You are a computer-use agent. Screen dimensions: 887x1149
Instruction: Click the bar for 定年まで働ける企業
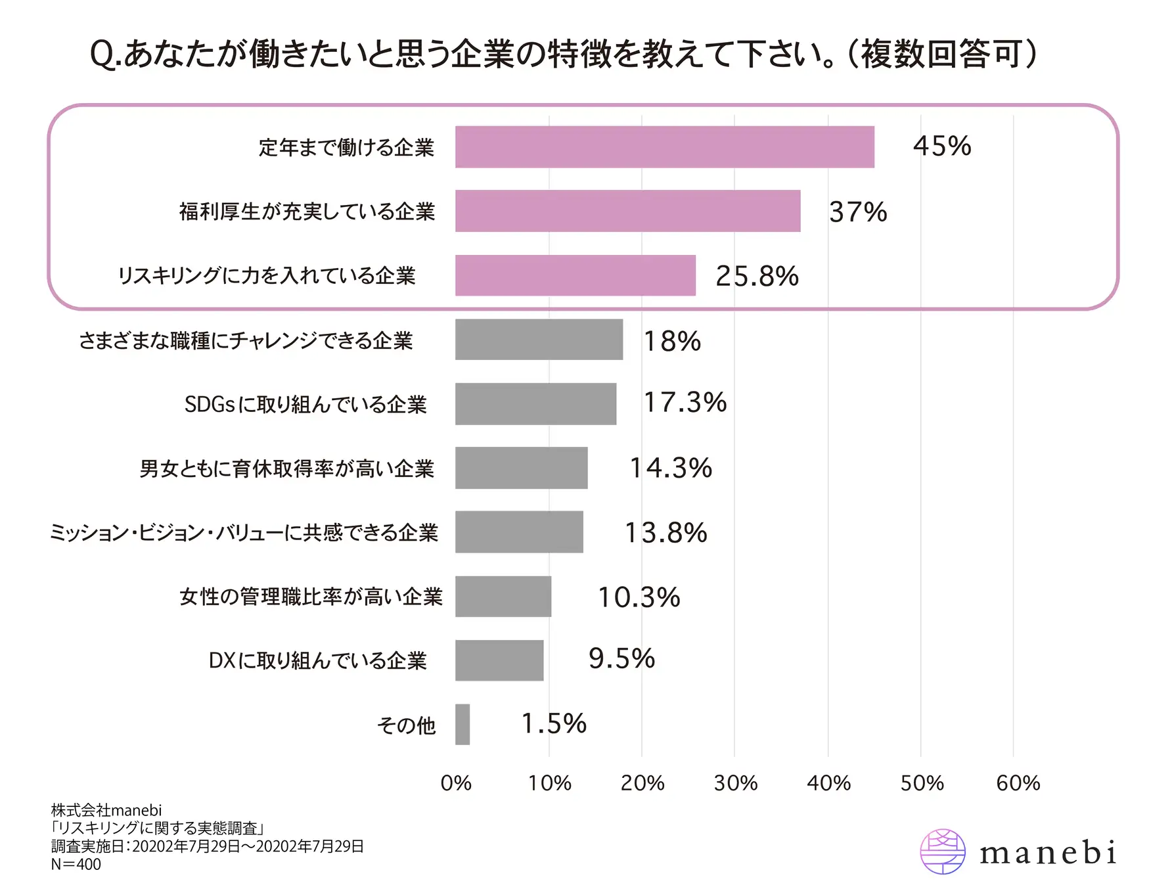pos(664,147)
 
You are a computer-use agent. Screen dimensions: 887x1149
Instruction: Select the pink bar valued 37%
pos(627,211)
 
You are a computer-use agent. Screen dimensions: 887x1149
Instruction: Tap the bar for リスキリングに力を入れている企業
pos(575,275)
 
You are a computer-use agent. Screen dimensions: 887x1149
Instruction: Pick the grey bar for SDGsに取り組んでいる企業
pos(535,403)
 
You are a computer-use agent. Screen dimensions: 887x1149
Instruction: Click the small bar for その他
pos(462,724)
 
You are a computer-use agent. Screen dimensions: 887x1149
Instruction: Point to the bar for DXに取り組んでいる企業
pos(499,660)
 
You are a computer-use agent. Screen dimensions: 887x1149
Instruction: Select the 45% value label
pos(941,146)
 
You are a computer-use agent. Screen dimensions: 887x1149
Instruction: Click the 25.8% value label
pos(757,276)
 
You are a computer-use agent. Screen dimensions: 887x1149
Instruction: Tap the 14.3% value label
pos(671,468)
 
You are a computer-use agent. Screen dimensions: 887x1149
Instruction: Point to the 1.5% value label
pos(553,723)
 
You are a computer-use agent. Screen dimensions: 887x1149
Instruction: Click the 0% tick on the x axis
pos(456,783)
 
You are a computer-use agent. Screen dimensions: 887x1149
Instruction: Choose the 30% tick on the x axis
pos(735,783)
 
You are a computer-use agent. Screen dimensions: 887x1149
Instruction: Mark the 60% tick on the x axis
pos(1018,783)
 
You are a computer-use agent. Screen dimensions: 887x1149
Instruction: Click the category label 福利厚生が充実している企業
pos(307,212)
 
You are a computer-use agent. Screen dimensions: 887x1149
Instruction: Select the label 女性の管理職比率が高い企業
pos(311,597)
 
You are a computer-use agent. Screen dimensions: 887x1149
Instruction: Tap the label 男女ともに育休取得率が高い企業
pos(287,468)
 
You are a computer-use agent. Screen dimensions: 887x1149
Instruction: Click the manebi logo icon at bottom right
pos(943,852)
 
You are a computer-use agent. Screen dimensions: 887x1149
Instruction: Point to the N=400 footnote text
pos(76,864)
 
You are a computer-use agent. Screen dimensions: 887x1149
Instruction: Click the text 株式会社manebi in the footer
pos(106,810)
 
